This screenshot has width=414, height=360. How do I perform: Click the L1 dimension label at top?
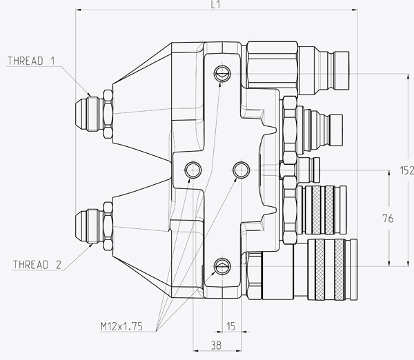[215, 5]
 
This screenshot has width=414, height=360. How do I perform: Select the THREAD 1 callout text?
[31, 61]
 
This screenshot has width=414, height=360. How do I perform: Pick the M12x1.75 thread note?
[120, 327]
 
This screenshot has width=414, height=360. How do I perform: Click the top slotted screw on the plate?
[221, 73]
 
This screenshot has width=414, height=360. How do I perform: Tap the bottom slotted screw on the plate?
[221, 264]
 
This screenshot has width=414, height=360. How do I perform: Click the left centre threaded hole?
[192, 169]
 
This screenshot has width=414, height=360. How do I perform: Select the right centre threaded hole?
[241, 169]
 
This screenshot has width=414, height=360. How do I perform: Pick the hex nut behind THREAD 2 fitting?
[108, 223]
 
